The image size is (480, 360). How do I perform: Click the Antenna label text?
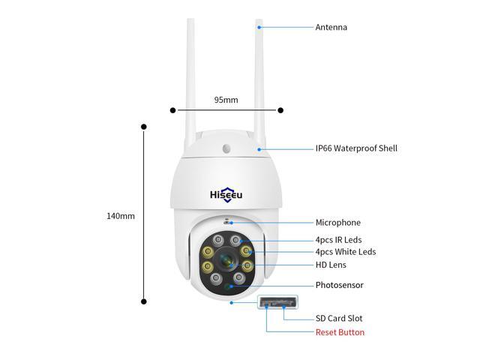pyautogui.click(x=331, y=28)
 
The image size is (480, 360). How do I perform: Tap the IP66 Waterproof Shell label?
pyautogui.click(x=356, y=148)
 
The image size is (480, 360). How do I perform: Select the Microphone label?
pyautogui.click(x=337, y=223)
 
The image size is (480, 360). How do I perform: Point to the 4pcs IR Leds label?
pyautogui.click(x=338, y=240)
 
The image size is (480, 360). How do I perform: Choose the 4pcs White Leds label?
pyautogui.click(x=345, y=252)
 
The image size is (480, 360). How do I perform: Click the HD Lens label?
pyautogui.click(x=331, y=265)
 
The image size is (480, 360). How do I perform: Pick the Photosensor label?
pyautogui.click(x=339, y=286)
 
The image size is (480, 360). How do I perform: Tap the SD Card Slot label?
pyautogui.click(x=339, y=319)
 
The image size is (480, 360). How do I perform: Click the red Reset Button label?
pyautogui.click(x=340, y=332)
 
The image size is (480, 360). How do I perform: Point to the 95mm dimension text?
pyautogui.click(x=226, y=100)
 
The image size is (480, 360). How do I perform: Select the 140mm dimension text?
pyautogui.click(x=121, y=216)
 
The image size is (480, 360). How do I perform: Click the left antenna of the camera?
pyautogui.click(x=191, y=75)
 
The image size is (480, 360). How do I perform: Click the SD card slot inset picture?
pyautogui.click(x=277, y=303)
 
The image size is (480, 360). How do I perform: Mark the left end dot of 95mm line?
pyautogui.click(x=173, y=110)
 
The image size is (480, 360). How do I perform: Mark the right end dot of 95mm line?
pyautogui.click(x=280, y=110)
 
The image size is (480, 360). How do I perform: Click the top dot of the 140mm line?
pyautogui.click(x=144, y=127)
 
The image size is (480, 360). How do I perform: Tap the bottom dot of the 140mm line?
pyautogui.click(x=144, y=301)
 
